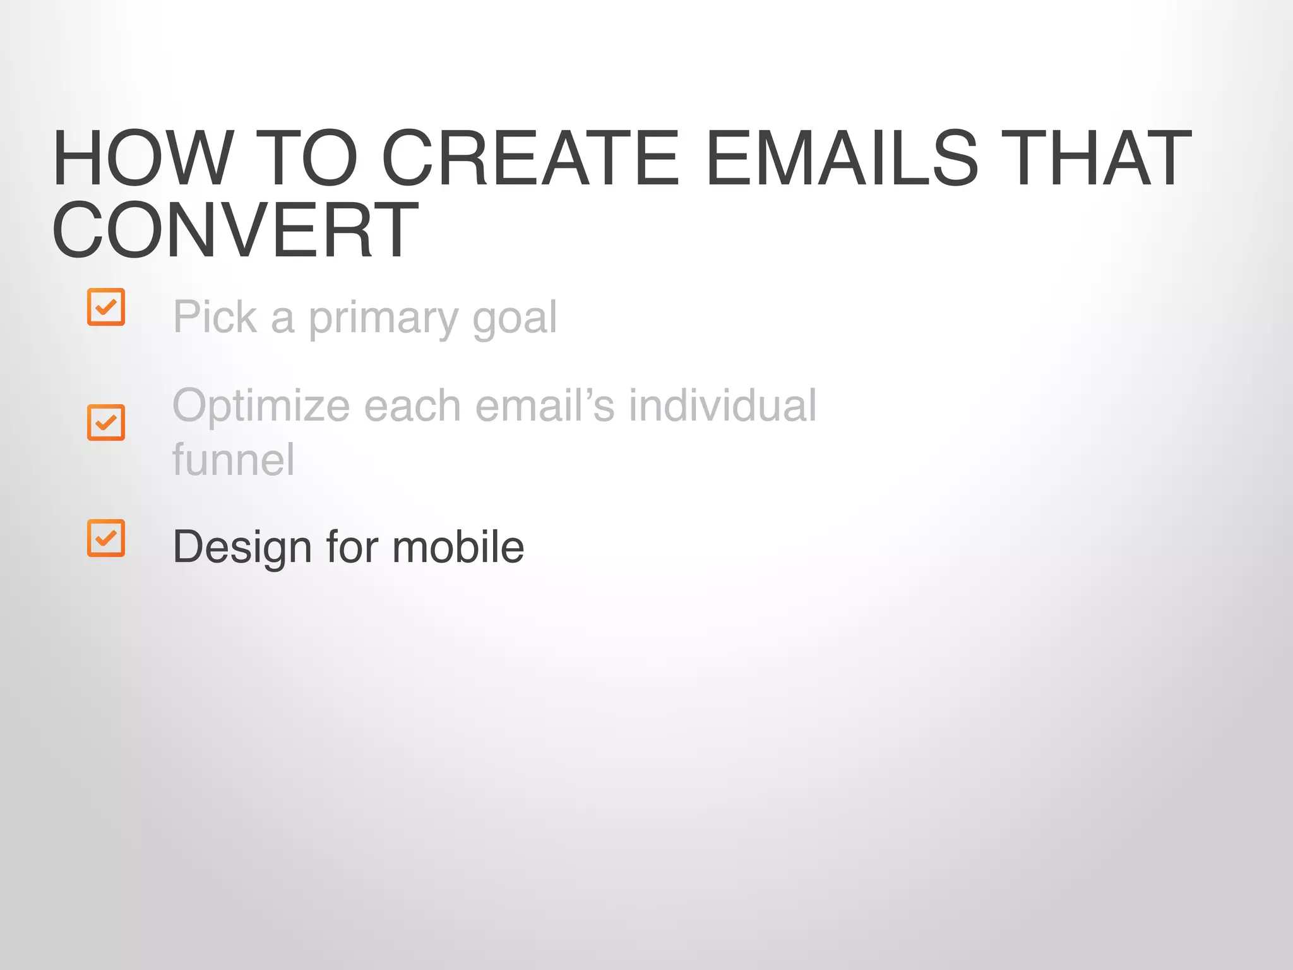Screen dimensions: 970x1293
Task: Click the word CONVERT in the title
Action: (x=235, y=230)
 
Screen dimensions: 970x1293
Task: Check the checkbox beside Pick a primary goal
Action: (x=106, y=307)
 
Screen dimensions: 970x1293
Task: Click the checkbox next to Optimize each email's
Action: (x=106, y=422)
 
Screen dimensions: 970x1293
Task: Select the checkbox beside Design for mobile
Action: (x=106, y=538)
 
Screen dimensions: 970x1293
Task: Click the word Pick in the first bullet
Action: (x=215, y=317)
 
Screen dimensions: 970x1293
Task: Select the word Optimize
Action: (x=261, y=405)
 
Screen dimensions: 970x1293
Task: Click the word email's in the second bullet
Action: (x=544, y=405)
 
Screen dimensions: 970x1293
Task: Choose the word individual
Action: (x=722, y=405)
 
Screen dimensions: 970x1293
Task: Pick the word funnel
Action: (x=233, y=460)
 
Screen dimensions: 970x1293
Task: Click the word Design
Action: (x=242, y=547)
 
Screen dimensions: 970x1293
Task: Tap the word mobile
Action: (x=458, y=547)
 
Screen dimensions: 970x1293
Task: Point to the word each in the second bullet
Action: (x=412, y=405)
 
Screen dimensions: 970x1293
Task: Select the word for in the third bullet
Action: (x=352, y=547)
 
